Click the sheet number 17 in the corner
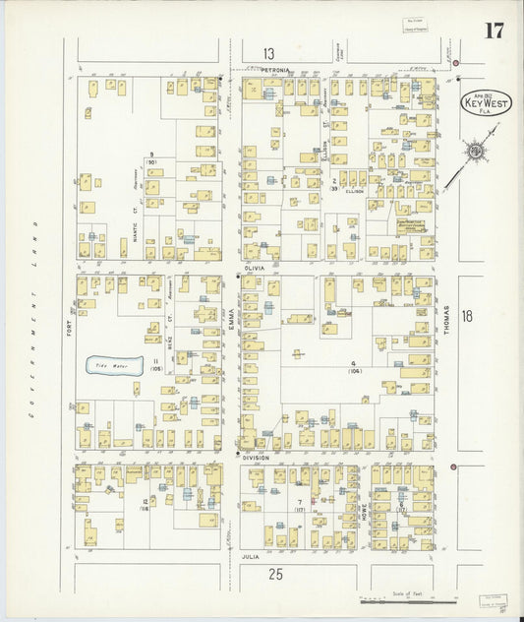pyautogui.click(x=494, y=30)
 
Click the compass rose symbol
pyautogui.click(x=477, y=151)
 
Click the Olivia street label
pyautogui.click(x=257, y=267)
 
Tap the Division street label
pyautogui.click(x=256, y=458)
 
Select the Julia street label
pyautogui.click(x=251, y=556)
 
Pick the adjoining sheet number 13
pyautogui.click(x=268, y=53)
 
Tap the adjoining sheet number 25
pyautogui.click(x=278, y=574)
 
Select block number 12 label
pyautogui.click(x=145, y=502)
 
